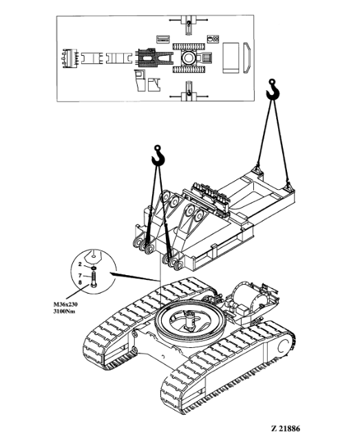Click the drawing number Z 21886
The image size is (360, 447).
point(285,428)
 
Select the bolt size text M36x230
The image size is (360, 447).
point(65,305)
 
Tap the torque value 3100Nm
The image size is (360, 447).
point(64,311)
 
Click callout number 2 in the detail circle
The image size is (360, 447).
point(80,265)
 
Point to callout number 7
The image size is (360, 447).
point(80,275)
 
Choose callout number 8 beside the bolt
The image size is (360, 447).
point(80,282)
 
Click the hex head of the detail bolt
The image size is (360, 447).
point(94,285)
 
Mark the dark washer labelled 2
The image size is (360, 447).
point(94,268)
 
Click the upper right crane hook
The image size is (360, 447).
point(273,89)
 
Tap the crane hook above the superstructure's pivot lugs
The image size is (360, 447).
point(158,155)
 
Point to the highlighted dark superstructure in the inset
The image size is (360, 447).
point(155,58)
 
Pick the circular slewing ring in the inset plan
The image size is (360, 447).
point(188,58)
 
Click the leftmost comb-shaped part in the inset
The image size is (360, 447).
point(70,58)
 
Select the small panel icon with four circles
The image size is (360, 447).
point(213,39)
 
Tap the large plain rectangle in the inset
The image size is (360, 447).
point(231,58)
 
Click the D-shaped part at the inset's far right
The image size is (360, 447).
point(247,58)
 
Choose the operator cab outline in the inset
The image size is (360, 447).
point(140,80)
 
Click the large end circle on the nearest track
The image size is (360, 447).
point(285,346)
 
